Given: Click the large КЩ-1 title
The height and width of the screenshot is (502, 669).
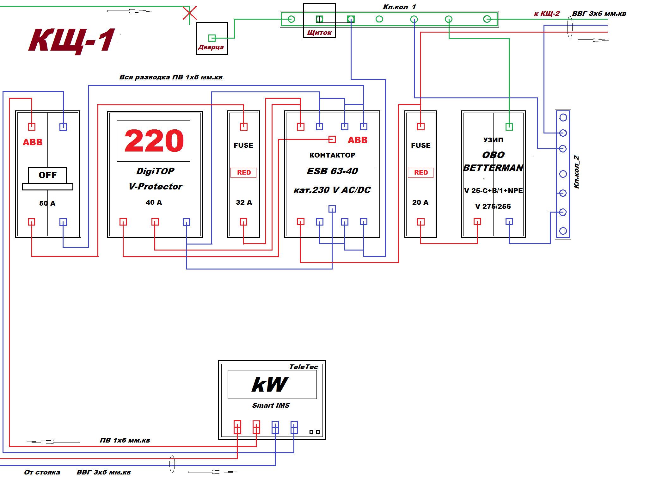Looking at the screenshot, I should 72,40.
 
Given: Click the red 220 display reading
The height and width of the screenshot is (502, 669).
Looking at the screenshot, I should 154,141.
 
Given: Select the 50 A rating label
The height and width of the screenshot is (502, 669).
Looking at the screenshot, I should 47,203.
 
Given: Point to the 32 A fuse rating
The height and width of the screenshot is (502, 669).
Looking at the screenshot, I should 244,202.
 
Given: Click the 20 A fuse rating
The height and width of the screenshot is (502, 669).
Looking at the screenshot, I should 420,202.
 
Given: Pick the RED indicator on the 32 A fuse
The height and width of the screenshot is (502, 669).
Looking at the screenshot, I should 244,173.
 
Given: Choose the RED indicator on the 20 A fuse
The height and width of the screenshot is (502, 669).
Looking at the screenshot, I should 421,173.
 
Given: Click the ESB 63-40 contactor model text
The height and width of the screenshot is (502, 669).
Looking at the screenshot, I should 332,171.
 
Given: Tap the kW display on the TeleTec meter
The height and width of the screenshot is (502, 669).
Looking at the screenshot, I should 270,385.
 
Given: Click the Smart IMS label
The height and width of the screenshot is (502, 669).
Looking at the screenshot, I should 271,406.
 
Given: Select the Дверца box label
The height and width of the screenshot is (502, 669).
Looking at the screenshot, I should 211,47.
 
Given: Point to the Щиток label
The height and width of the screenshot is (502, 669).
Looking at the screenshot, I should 319,33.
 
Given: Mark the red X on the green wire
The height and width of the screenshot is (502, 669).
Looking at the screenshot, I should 190,13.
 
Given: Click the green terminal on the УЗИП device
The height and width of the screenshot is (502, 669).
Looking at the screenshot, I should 509,127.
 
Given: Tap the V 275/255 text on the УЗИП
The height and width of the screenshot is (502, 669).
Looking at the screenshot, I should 493,207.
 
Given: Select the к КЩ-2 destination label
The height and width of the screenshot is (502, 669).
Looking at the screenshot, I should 547,14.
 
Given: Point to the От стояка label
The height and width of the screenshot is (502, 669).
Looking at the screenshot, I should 42,472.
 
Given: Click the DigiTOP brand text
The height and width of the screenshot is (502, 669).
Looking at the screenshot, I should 155,171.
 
